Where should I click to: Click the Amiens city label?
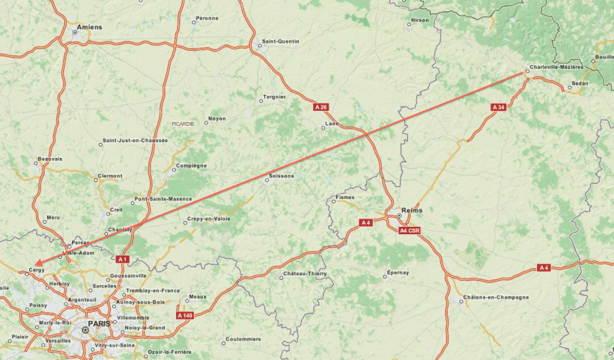[90, 27]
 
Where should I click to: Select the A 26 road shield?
[320, 107]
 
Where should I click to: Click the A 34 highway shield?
[499, 107]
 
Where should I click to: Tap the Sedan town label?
[580, 83]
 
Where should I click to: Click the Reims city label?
[412, 210]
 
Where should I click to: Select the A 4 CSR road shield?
[410, 231]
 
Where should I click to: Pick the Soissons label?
[282, 176]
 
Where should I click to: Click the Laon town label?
[332, 123]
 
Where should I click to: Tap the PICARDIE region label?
[183, 123]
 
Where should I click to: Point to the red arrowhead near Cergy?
[37, 263]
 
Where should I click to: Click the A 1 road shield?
[123, 259]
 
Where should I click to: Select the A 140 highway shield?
[185, 315]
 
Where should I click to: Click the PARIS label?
[99, 323]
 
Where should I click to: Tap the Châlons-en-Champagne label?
[496, 297]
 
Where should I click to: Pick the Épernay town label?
[398, 272]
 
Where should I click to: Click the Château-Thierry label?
[305, 274]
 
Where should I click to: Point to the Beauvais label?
[50, 159]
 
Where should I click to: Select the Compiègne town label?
[191, 165]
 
